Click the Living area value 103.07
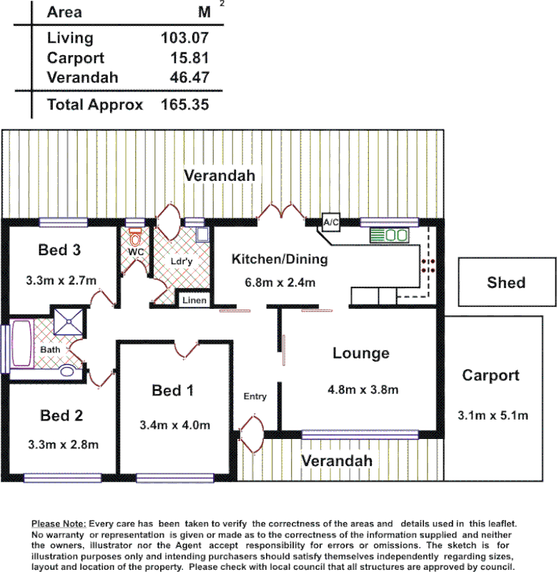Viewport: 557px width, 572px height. [x=184, y=38]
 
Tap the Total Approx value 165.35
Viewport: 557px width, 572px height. [x=184, y=104]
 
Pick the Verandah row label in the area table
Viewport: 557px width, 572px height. [x=82, y=77]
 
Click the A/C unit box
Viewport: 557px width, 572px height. [x=331, y=222]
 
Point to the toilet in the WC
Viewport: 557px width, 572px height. [x=135, y=238]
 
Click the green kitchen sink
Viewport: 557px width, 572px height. [x=388, y=235]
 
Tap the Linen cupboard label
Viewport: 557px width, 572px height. [x=194, y=300]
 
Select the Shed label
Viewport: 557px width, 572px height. [x=506, y=282]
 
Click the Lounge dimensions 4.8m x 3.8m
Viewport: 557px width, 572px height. [x=363, y=390]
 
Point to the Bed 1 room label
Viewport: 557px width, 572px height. [x=172, y=390]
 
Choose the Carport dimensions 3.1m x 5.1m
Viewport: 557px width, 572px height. [x=493, y=415]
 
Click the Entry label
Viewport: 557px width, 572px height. [x=255, y=396]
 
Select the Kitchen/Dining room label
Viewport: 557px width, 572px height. [x=279, y=259]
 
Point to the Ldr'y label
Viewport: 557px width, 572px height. [x=181, y=261]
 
